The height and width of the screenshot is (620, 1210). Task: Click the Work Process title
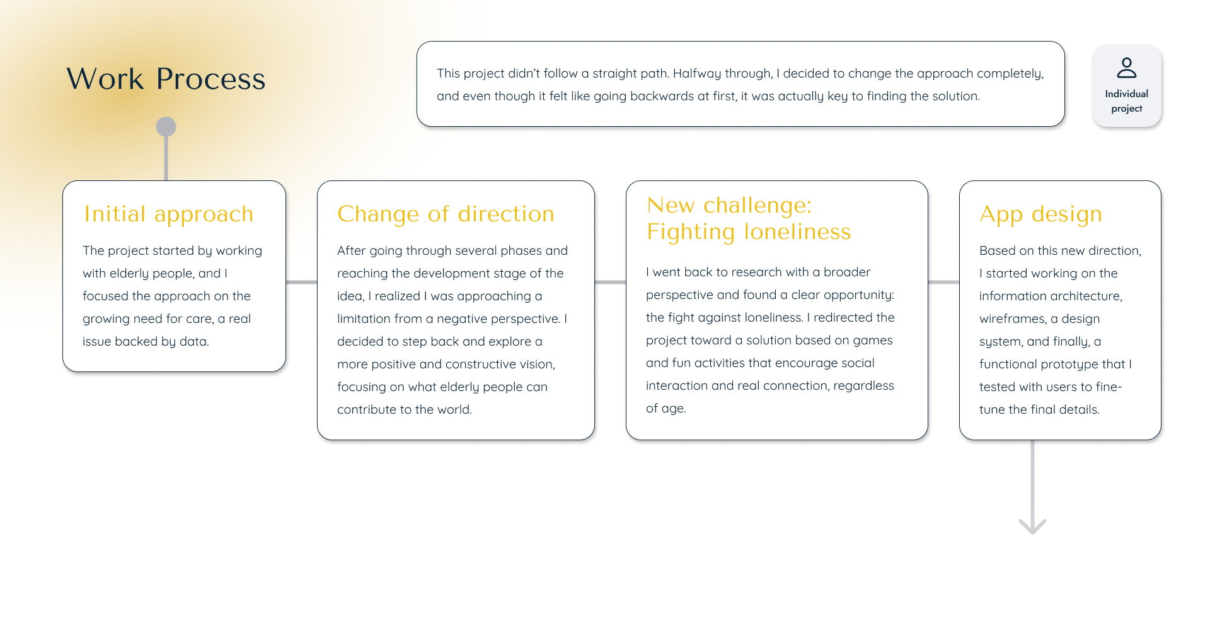[x=166, y=79]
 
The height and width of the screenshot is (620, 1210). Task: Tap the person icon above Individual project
[x=1126, y=67]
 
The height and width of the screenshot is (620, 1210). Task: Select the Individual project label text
[x=1126, y=101]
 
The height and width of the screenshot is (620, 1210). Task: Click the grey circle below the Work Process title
[x=166, y=127]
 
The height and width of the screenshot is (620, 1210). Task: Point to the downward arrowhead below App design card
[x=1032, y=527]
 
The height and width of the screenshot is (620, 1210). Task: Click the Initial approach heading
[x=169, y=214]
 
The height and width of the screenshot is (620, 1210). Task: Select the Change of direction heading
[x=446, y=214]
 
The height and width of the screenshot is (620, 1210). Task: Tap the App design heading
[x=1040, y=214]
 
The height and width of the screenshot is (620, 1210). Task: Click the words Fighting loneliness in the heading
[x=749, y=232]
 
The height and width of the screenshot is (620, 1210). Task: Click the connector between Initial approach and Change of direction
[x=301, y=282]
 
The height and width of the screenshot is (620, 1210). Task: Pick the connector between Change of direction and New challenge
[x=610, y=282]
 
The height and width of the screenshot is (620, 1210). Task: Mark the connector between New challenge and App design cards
[x=943, y=282]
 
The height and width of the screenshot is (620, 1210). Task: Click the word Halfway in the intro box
[x=697, y=74]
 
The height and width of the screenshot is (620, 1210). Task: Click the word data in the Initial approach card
[x=193, y=341]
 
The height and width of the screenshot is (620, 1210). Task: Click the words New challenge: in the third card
[x=729, y=206]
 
